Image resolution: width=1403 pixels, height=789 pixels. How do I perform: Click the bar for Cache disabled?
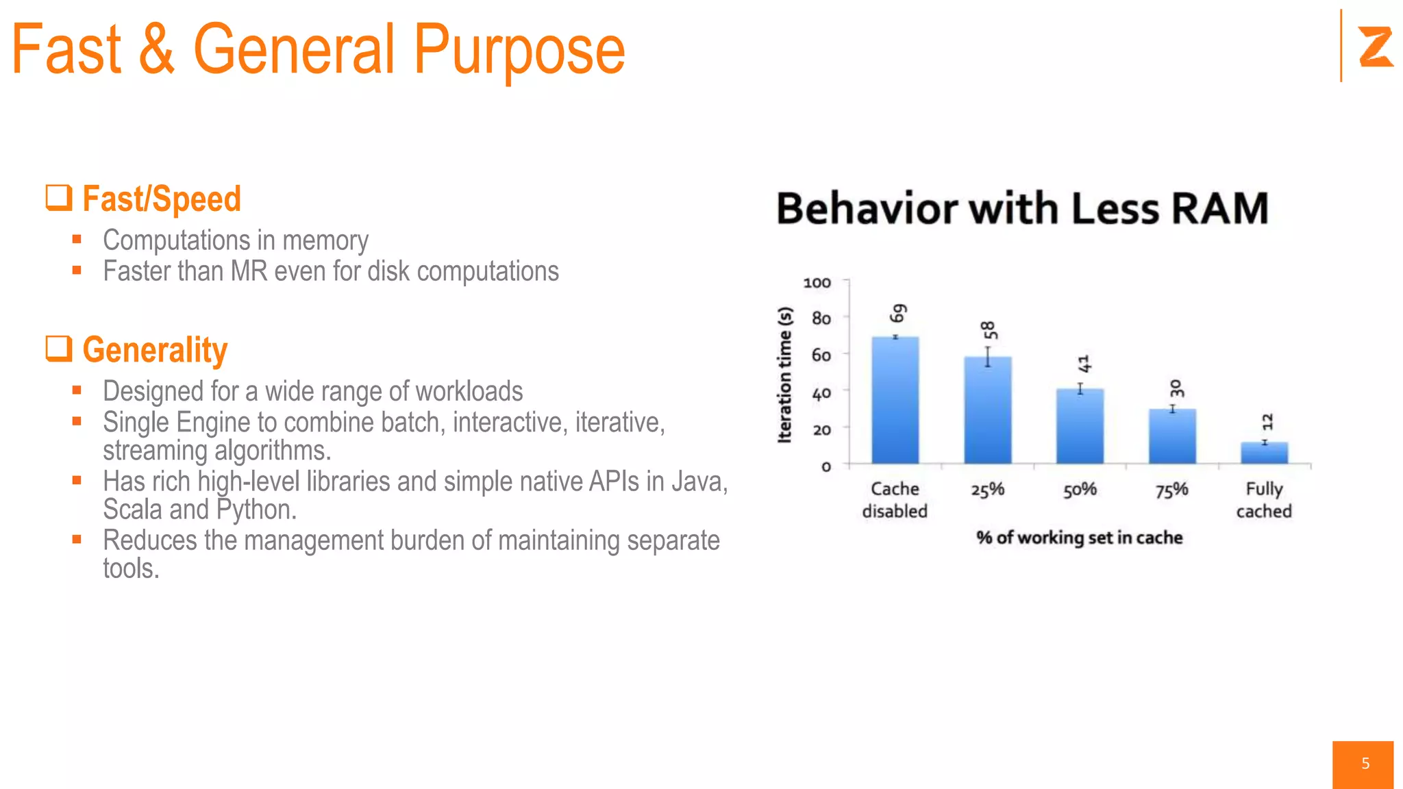coord(895,401)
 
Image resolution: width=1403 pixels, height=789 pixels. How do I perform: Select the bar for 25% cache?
coord(987,411)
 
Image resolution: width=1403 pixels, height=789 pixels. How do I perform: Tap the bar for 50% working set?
coord(1080,427)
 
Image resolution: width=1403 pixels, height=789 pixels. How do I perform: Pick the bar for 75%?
coord(1172,437)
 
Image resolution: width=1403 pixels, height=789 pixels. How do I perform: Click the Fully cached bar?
coord(1264,453)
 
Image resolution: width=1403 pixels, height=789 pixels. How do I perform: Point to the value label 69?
coord(897,313)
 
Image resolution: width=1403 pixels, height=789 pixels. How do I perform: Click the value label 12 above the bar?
coord(1267,421)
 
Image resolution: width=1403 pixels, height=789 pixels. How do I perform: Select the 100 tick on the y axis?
coord(817,283)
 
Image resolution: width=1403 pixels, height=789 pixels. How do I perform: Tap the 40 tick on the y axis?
coord(821,393)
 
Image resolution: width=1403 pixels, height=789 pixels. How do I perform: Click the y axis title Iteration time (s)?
coord(785,375)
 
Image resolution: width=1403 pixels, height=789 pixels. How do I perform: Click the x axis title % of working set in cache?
coord(1079,538)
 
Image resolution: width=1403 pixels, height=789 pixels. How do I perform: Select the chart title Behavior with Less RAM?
coord(1022,208)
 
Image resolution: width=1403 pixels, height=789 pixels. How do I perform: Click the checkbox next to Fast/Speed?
coord(59,197)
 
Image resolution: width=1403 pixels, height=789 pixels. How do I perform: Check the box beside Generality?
coord(59,348)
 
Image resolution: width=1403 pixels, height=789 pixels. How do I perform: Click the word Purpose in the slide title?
coord(519,50)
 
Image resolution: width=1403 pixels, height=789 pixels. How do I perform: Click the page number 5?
coord(1365,764)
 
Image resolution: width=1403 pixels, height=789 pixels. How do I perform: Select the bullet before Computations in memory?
coord(77,239)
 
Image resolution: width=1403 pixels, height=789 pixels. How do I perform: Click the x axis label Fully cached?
coord(1264,500)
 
